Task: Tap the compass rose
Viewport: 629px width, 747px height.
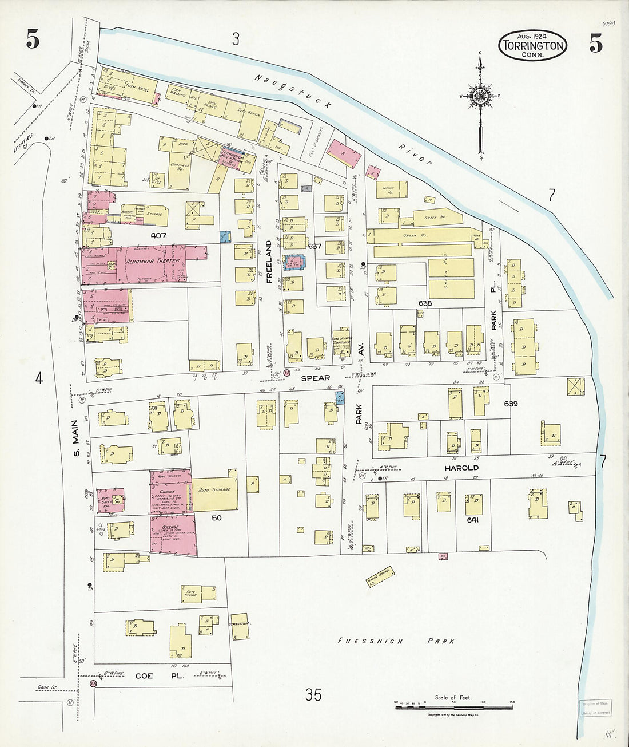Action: click(x=480, y=96)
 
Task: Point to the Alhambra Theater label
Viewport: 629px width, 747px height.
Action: click(x=153, y=261)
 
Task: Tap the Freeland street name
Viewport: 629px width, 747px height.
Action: click(x=268, y=263)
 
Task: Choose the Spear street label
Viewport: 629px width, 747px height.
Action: click(x=316, y=378)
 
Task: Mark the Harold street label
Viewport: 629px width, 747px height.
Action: click(x=461, y=468)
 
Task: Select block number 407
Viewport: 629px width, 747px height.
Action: click(x=158, y=235)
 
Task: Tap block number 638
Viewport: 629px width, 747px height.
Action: click(x=425, y=303)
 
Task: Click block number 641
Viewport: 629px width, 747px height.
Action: click(x=472, y=520)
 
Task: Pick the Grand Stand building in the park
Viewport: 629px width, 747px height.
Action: click(x=378, y=582)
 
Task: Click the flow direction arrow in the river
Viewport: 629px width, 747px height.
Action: click(x=508, y=206)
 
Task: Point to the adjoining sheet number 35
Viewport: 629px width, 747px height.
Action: click(x=313, y=695)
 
